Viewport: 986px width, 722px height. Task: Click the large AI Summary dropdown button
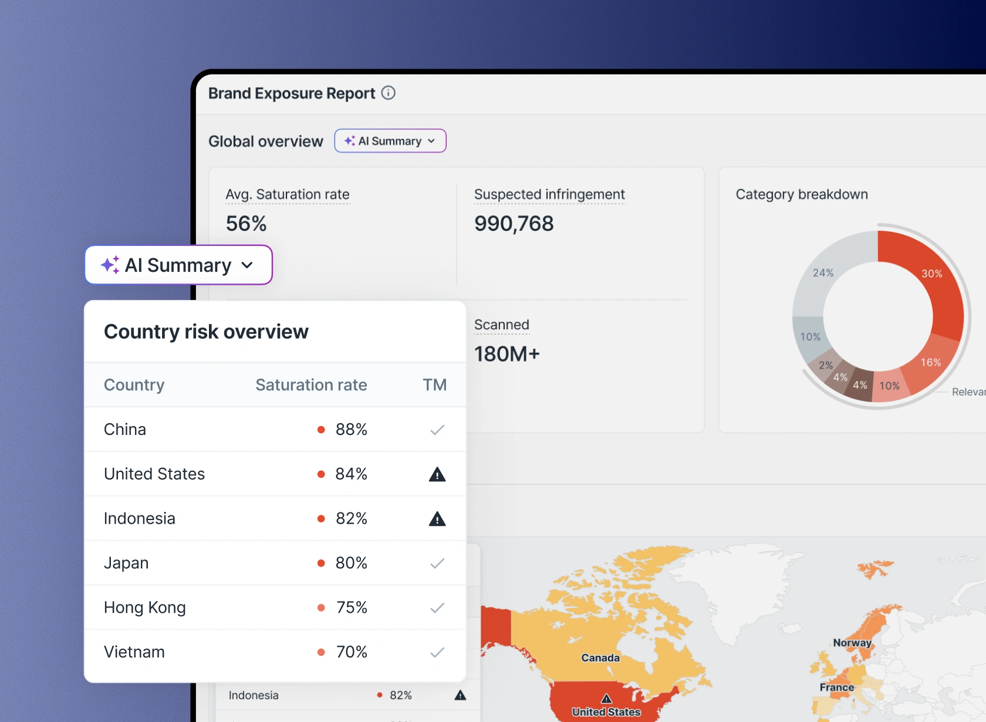tap(178, 265)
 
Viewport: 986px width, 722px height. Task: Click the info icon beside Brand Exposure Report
tap(389, 93)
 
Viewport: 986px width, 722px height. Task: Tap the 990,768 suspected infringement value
tap(514, 224)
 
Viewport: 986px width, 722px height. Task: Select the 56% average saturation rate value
tap(246, 224)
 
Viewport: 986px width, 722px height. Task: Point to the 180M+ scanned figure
tap(506, 354)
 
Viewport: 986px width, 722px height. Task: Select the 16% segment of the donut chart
tap(930, 362)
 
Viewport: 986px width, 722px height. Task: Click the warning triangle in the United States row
tap(437, 474)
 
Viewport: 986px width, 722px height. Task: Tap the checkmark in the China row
tap(437, 430)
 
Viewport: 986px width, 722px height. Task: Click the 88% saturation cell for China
tap(351, 430)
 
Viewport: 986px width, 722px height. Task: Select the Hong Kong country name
tap(144, 608)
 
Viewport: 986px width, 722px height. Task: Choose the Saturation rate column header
tap(311, 385)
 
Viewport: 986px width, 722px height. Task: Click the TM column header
tap(435, 385)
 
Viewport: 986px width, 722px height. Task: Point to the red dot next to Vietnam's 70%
tap(321, 652)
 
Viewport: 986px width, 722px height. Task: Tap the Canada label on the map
tap(600, 658)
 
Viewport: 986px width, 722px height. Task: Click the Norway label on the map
tap(852, 643)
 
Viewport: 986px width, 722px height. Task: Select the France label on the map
tap(836, 687)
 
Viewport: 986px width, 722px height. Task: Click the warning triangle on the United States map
tap(606, 699)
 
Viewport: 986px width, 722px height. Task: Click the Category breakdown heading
tap(801, 194)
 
